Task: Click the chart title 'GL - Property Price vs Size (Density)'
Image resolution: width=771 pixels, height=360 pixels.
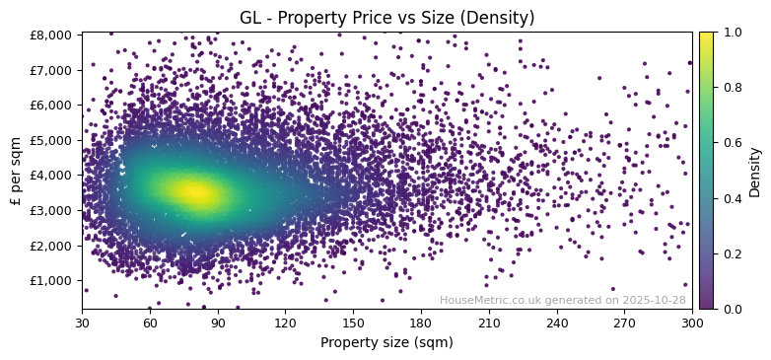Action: [386, 18]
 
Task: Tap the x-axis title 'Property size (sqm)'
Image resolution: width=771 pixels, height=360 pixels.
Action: [386, 342]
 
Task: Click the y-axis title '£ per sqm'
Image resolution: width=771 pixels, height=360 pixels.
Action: [16, 171]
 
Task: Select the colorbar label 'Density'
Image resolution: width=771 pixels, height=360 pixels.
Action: [755, 171]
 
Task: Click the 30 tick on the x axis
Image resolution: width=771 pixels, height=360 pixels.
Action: [82, 322]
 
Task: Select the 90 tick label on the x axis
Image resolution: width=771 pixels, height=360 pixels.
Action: [217, 322]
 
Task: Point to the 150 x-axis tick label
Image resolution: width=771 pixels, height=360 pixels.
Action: [353, 322]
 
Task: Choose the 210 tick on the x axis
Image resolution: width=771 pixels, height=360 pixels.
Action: [489, 322]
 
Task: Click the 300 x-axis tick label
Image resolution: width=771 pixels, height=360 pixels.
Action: [692, 322]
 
